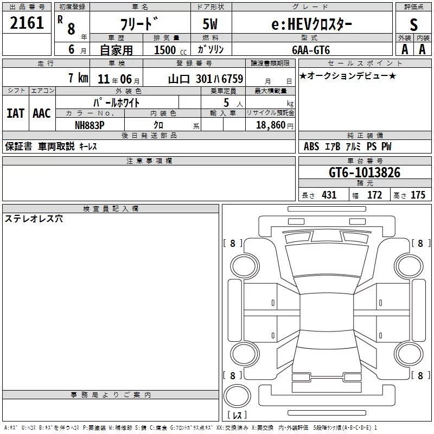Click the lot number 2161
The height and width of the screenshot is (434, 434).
[x=27, y=23]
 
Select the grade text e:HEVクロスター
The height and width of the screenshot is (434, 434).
[x=311, y=24]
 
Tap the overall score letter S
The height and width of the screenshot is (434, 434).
[x=413, y=24]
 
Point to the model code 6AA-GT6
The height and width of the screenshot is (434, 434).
[x=311, y=50]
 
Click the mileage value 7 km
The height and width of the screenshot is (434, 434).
[x=78, y=78]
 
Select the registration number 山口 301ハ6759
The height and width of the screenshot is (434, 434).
[x=206, y=79]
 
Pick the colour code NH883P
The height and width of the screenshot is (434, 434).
[x=90, y=125]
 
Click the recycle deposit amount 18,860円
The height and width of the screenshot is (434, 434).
[x=275, y=125]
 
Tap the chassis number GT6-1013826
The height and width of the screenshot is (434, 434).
[x=365, y=173]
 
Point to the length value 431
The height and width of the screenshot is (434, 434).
[x=329, y=195]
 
